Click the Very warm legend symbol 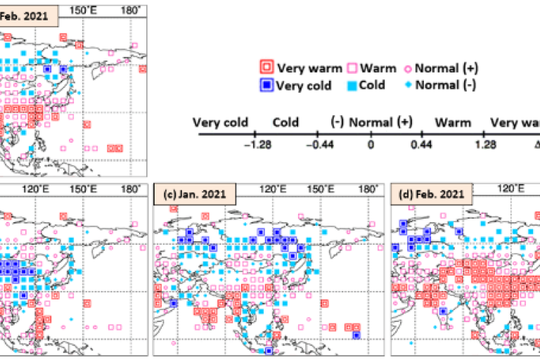[x=266, y=68]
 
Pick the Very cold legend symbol [x=266, y=85]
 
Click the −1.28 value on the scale [x=254, y=146]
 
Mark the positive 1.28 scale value [x=482, y=146]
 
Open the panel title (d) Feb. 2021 [x=431, y=195]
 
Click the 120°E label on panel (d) [x=510, y=188]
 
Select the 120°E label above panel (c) [x=272, y=188]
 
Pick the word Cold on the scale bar [x=286, y=122]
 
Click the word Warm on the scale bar [x=452, y=122]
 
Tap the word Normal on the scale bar [x=371, y=122]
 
